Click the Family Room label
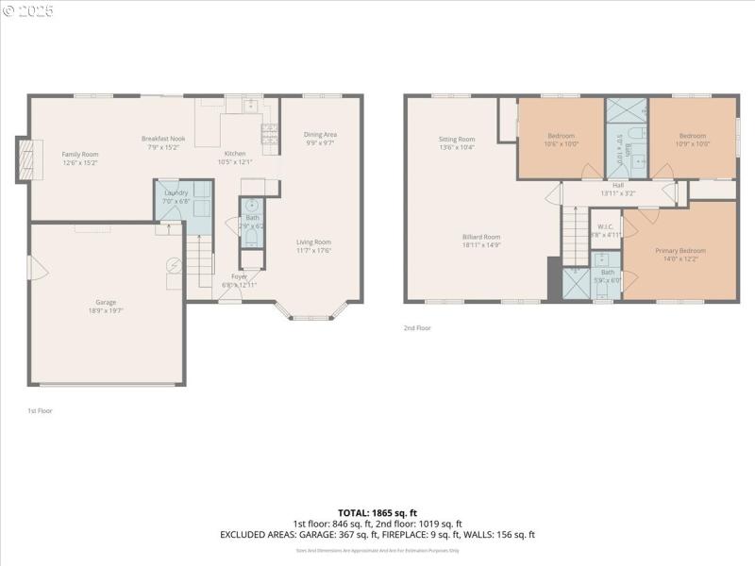pos(80,154)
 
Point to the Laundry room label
pos(176,192)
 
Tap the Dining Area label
pos(320,134)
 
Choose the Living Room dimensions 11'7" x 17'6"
pos(315,250)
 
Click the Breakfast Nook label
pos(163,139)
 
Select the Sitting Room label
pos(456,140)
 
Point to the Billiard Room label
pos(481,237)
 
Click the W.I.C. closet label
pos(605,226)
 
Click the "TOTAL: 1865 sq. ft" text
pos(377,512)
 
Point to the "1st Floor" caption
pos(40,410)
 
